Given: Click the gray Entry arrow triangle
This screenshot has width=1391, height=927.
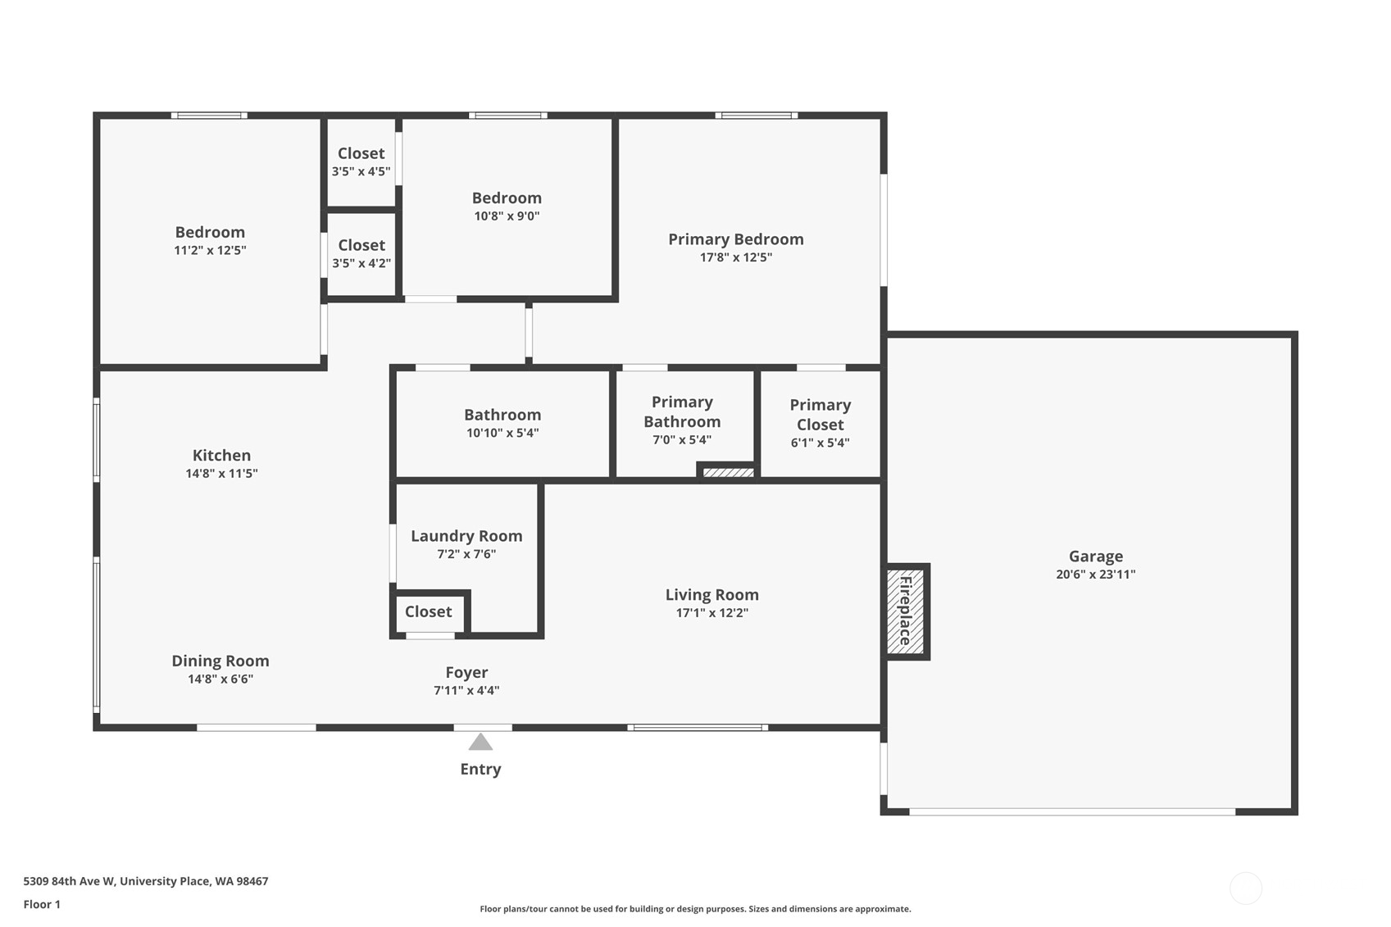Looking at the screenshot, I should coord(480,743).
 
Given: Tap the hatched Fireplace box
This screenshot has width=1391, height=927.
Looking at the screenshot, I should coord(906,611).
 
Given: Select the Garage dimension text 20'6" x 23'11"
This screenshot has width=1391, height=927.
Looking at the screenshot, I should coord(1095,575).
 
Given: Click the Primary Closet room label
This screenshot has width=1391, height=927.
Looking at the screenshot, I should coord(820,415).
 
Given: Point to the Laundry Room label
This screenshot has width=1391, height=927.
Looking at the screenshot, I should coord(466,536).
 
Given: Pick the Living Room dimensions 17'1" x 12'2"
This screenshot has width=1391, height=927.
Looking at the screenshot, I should coord(711,613).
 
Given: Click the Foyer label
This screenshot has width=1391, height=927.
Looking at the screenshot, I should coord(466,673).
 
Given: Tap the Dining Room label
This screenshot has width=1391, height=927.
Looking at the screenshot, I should coord(220,661).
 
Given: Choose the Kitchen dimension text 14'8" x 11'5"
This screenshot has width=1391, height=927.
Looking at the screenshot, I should coord(221,474).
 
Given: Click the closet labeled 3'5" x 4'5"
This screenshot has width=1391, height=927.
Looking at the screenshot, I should coord(361,162).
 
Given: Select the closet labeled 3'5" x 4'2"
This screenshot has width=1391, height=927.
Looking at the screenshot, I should coord(361,253).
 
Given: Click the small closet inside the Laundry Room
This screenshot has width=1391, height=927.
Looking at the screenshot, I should coord(428,612).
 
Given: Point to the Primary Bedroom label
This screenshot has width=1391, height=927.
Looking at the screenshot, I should coord(735,239).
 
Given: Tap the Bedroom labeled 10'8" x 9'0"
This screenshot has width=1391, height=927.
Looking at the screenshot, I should coord(507,206).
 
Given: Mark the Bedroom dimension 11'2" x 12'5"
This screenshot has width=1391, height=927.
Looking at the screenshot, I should coord(210,251).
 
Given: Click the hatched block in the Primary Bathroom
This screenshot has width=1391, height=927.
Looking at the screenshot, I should coord(728,472).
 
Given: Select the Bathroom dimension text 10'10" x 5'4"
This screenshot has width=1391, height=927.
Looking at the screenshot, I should coord(502,434).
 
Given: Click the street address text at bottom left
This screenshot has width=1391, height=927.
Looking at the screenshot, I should coord(146,881).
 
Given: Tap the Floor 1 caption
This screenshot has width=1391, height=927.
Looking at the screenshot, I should coord(42,904).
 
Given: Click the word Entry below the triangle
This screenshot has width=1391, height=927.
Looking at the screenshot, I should coord(480,769).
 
